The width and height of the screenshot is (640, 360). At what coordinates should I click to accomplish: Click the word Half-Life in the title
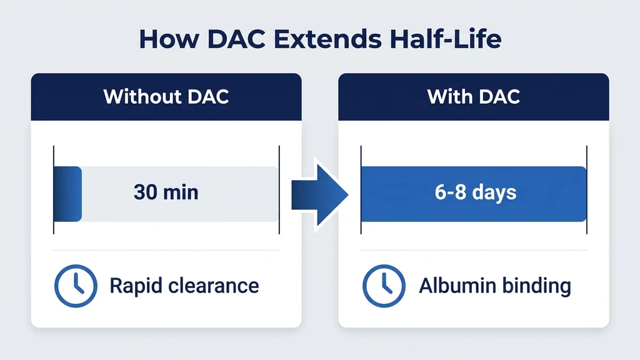pos(445,39)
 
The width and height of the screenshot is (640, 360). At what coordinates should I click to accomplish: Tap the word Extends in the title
pos(327,39)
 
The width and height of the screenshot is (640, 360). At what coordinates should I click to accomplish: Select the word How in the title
pos(169,39)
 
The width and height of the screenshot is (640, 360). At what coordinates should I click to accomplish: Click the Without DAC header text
pos(166,97)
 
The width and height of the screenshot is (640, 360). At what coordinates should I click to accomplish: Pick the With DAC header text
pos(474,97)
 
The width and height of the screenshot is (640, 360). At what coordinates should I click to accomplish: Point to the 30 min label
pos(166,192)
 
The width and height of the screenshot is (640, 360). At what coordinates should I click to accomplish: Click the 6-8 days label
pos(476,192)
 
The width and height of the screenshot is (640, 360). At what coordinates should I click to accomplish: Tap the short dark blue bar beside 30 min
pos(67,194)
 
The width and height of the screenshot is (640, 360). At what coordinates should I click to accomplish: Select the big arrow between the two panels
pos(319,195)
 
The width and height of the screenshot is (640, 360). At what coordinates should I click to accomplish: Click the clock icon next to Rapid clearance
pos(76,286)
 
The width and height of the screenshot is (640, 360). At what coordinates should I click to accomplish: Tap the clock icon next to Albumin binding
pos(384,286)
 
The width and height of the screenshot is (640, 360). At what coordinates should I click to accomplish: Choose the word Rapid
pos(136,286)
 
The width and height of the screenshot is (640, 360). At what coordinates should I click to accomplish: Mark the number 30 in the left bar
pos(146,192)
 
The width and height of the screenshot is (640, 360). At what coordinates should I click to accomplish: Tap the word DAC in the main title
pos(236,39)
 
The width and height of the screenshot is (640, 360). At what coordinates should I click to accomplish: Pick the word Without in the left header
pos(142,97)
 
